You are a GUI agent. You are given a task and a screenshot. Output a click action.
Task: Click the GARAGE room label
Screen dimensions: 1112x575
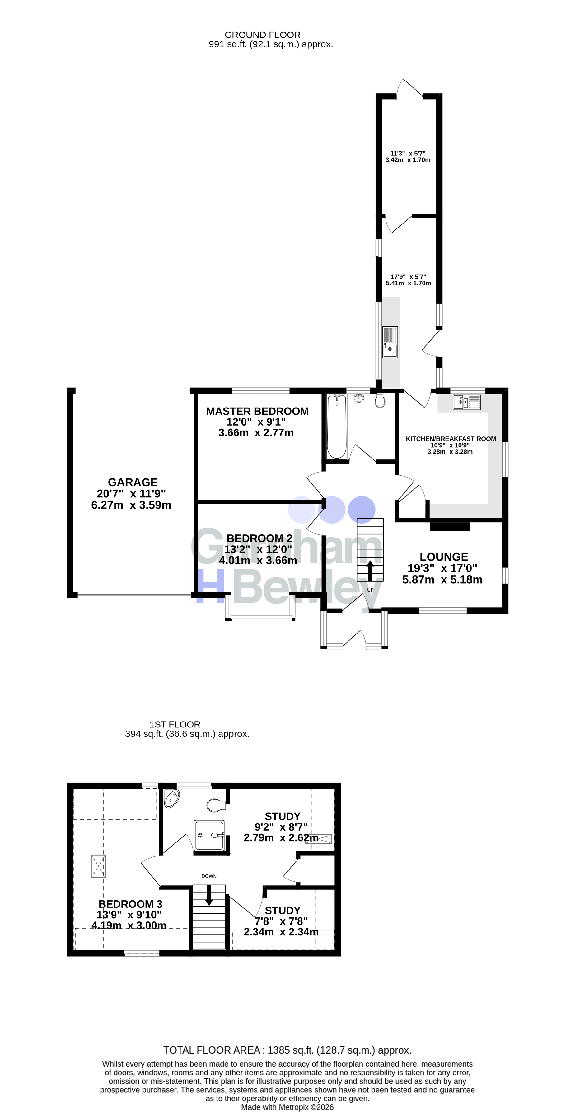[133, 482]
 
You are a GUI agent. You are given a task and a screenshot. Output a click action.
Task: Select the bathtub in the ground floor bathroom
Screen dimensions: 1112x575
[337, 427]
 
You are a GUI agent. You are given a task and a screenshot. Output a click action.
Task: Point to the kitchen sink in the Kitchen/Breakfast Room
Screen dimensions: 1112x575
[467, 402]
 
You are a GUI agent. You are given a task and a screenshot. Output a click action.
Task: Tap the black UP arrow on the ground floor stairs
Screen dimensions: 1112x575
[370, 571]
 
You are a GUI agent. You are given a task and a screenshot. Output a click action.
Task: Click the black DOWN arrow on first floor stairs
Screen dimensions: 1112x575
[209, 896]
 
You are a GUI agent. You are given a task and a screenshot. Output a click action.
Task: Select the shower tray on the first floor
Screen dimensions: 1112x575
[209, 836]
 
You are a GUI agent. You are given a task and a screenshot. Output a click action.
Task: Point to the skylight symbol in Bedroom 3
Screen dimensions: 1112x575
[98, 866]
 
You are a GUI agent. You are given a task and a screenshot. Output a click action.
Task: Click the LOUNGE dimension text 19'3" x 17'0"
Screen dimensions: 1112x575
[442, 568]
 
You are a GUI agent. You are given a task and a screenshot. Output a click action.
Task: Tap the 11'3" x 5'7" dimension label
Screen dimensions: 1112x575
[408, 153]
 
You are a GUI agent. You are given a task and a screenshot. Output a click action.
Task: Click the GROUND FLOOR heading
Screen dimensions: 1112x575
[262, 35]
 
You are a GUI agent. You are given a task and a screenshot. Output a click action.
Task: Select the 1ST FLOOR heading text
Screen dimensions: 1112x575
[175, 725]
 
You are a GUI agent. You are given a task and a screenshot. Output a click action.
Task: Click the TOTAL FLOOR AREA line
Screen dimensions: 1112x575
[287, 1050]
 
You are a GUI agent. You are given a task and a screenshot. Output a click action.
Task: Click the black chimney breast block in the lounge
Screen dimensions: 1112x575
[450, 526]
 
